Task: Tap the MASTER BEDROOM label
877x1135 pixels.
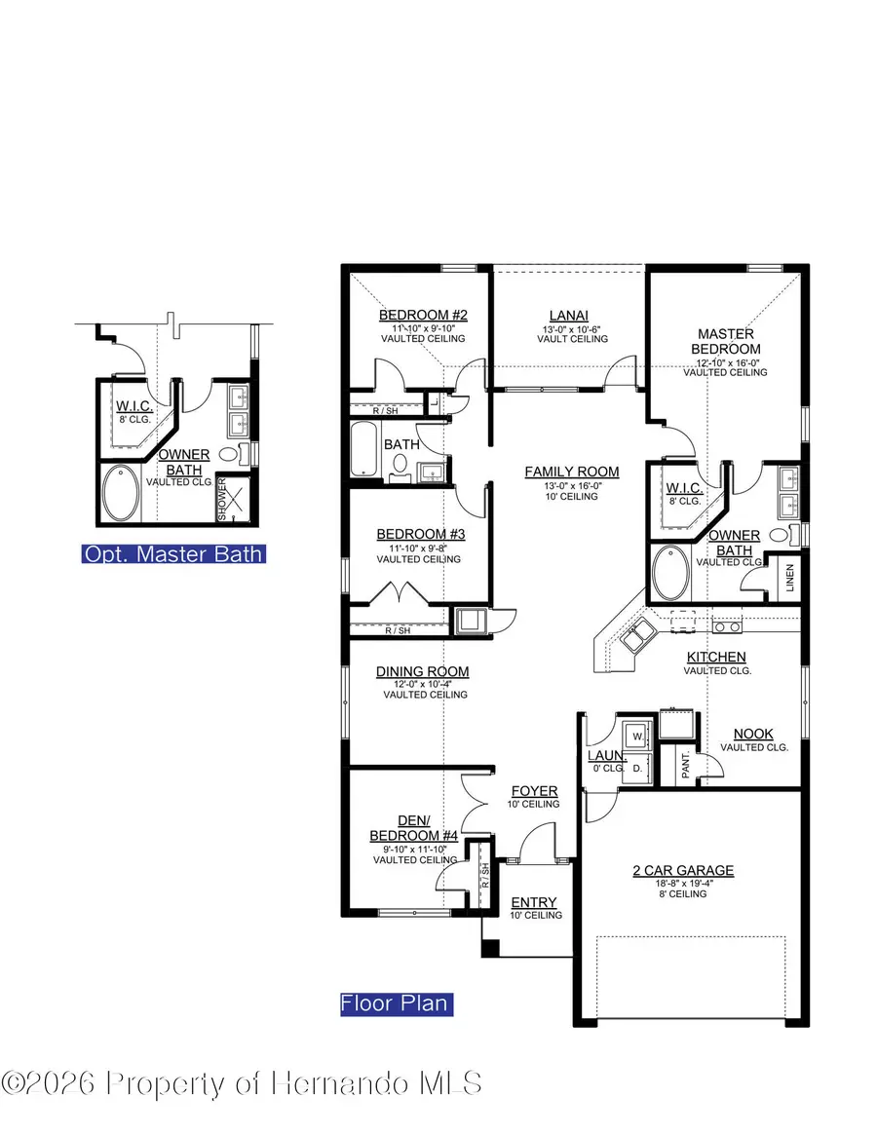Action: tap(726, 341)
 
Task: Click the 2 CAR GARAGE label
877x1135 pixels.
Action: tap(682, 870)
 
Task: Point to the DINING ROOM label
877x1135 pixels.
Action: tap(423, 671)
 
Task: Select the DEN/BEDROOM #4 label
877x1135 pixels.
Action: tap(413, 828)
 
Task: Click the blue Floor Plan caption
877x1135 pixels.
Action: tap(396, 1003)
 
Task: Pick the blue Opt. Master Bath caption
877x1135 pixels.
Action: tap(173, 554)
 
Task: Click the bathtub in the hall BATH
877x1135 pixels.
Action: tap(367, 449)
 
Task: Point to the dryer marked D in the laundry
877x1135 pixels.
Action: tap(637, 768)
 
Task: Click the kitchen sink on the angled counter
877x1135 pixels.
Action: tap(637, 634)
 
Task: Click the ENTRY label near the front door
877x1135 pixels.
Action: tap(534, 902)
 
